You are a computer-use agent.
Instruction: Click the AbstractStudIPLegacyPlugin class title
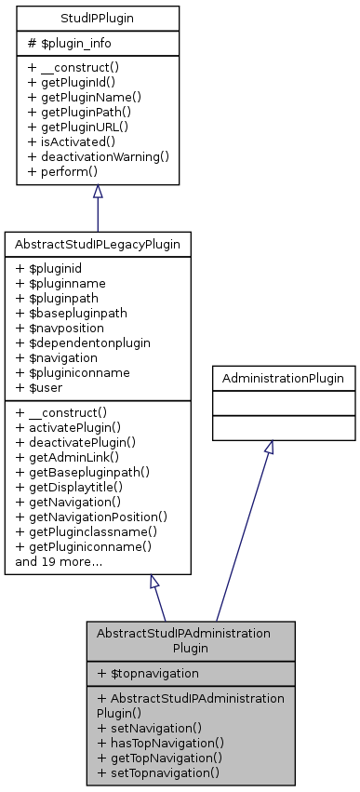click(x=98, y=244)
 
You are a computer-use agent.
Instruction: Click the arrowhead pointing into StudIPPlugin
click(x=98, y=192)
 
